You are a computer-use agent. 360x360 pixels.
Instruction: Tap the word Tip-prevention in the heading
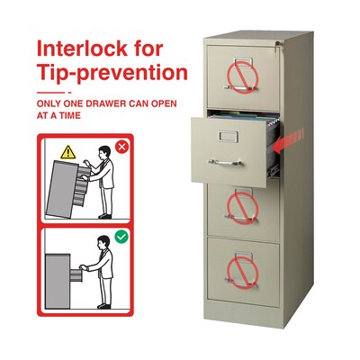tap(112, 73)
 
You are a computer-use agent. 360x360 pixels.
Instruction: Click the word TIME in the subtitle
tap(69, 115)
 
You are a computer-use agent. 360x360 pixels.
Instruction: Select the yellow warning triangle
tap(68, 152)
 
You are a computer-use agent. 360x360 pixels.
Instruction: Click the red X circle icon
tap(121, 147)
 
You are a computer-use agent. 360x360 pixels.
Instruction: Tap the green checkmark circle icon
tap(121, 237)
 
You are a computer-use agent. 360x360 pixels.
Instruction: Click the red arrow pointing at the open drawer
tap(287, 142)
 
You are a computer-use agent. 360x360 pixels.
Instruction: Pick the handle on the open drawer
tap(225, 163)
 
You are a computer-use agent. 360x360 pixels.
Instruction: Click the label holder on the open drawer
tap(229, 136)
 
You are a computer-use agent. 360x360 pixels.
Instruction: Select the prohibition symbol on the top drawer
tap(242, 77)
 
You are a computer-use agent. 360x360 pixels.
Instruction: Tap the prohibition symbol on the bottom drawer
tap(242, 273)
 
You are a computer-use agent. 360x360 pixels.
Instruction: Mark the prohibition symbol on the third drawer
tap(242, 208)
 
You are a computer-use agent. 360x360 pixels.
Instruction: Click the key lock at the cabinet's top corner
tap(278, 44)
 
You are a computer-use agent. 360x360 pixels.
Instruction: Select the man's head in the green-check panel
tap(103, 242)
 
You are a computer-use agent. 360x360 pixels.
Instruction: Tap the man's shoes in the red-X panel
tap(105, 216)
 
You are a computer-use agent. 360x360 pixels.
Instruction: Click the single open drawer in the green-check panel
tap(76, 275)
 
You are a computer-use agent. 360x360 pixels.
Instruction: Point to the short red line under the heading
tap(50, 93)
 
